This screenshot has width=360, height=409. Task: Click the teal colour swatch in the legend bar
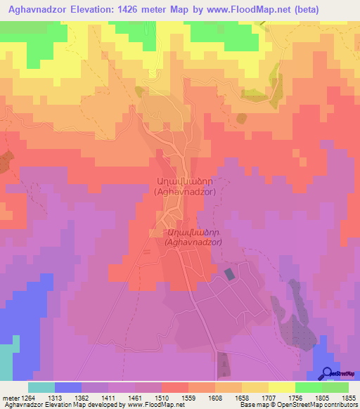(x=41, y=387)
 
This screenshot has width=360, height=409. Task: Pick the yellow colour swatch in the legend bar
(x=282, y=387)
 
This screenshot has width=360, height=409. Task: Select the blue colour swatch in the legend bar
(x=68, y=387)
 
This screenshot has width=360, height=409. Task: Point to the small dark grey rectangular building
(x=230, y=274)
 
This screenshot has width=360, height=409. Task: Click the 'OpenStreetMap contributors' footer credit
(x=314, y=405)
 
